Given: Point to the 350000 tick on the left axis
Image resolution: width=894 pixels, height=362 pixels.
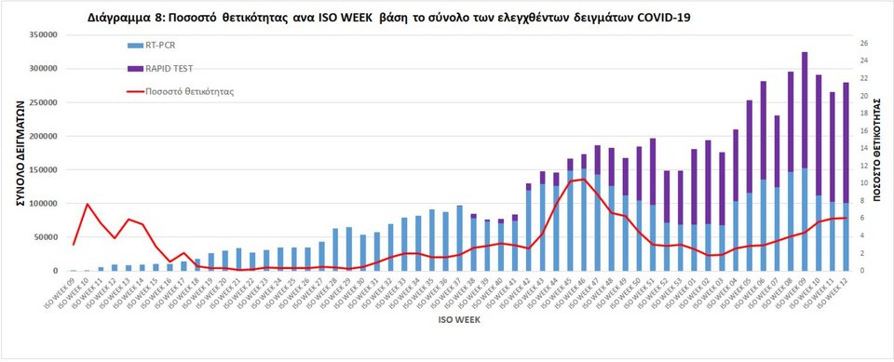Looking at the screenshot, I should (x=39, y=35).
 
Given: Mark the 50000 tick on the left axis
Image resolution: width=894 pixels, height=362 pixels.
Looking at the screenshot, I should (x=42, y=237).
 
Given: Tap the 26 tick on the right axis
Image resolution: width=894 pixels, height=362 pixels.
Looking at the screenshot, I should (x=863, y=44).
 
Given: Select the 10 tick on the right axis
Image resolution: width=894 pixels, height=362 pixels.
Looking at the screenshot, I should (x=863, y=183).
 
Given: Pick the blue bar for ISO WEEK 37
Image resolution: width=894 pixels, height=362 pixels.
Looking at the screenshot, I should (x=460, y=238).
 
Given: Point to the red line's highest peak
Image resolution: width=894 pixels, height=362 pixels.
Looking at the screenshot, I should (x=583, y=179).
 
